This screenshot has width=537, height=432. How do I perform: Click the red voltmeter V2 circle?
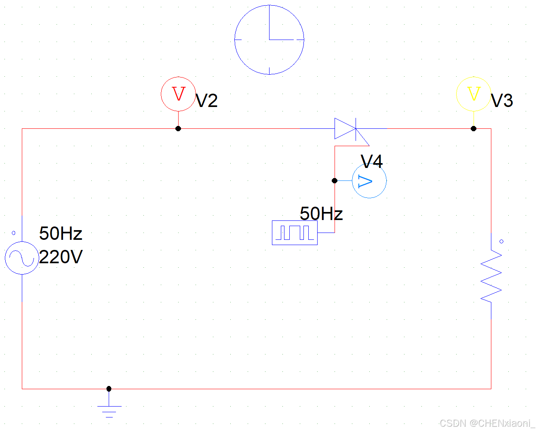pyautogui.click(x=178, y=94)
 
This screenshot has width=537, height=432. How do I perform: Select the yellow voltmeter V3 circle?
pyautogui.click(x=474, y=94)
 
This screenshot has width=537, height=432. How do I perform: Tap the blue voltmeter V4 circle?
pyautogui.click(x=369, y=181)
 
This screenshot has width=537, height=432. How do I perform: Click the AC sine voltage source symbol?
pyautogui.click(x=22, y=258)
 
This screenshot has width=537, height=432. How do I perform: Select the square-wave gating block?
pyautogui.click(x=295, y=233)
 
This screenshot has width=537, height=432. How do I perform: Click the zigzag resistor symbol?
pyautogui.click(x=491, y=275)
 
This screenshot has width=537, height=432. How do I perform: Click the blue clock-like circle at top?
pyautogui.click(x=269, y=40)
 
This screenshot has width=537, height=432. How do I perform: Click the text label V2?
pyautogui.click(x=206, y=101)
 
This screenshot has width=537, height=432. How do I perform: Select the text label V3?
pyautogui.click(x=502, y=101)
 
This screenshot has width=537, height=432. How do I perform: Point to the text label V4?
pyautogui.click(x=372, y=161)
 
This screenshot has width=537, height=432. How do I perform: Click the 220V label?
pyautogui.click(x=61, y=257)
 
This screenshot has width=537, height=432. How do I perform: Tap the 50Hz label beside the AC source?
pyautogui.click(x=61, y=233)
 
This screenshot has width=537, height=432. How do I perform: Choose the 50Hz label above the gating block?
pyautogui.click(x=321, y=214)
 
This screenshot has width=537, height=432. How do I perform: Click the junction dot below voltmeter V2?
pyautogui.click(x=178, y=128)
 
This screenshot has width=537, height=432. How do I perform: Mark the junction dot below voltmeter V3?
pyautogui.click(x=474, y=128)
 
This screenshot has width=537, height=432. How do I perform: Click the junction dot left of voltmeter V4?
pyautogui.click(x=335, y=180)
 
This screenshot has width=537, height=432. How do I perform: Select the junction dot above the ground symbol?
pyautogui.click(x=109, y=388)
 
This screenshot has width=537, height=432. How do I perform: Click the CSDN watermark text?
pyautogui.click(x=486, y=423)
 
